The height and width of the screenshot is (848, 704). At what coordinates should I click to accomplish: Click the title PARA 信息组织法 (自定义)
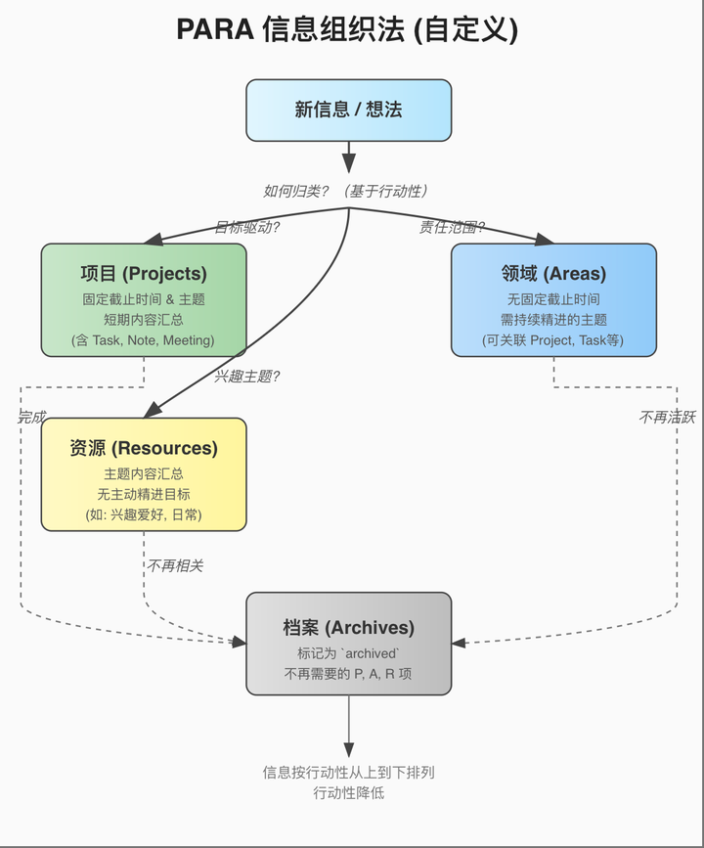pyautogui.click(x=347, y=29)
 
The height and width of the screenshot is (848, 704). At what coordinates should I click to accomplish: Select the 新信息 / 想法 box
pyautogui.click(x=348, y=110)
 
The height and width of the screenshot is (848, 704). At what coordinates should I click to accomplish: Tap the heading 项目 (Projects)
pyautogui.click(x=144, y=274)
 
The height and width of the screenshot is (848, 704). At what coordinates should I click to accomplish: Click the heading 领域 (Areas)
pyautogui.click(x=553, y=274)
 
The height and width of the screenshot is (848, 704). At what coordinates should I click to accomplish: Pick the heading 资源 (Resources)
pyautogui.click(x=144, y=448)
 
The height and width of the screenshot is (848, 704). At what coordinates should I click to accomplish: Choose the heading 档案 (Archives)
pyautogui.click(x=348, y=627)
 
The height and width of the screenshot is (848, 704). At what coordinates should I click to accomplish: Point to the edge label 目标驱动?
pyautogui.click(x=247, y=228)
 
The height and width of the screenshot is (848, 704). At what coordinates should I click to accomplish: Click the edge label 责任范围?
pyautogui.click(x=452, y=228)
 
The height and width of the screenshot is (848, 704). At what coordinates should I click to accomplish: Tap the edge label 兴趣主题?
pyautogui.click(x=247, y=376)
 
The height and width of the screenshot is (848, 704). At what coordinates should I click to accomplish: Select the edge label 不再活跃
pyautogui.click(x=667, y=417)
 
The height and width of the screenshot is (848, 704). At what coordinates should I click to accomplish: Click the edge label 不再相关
pyautogui.click(x=176, y=565)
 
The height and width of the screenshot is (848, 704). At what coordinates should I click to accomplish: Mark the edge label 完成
pyautogui.click(x=31, y=417)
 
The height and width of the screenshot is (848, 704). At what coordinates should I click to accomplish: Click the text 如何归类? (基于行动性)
pyautogui.click(x=347, y=191)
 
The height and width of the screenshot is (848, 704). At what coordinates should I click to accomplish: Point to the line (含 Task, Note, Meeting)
pyautogui.click(x=144, y=340)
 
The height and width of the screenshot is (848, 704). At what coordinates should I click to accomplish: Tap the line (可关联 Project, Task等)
pyautogui.click(x=553, y=340)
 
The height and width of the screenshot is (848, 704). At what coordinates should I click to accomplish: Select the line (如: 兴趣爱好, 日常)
pyautogui.click(x=144, y=514)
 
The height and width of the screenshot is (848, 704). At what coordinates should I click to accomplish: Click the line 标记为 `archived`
pyautogui.click(x=348, y=653)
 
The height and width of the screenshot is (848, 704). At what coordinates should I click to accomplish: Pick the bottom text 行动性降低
pyautogui.click(x=348, y=793)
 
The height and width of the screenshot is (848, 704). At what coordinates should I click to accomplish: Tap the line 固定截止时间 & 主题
pyautogui.click(x=144, y=299)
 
